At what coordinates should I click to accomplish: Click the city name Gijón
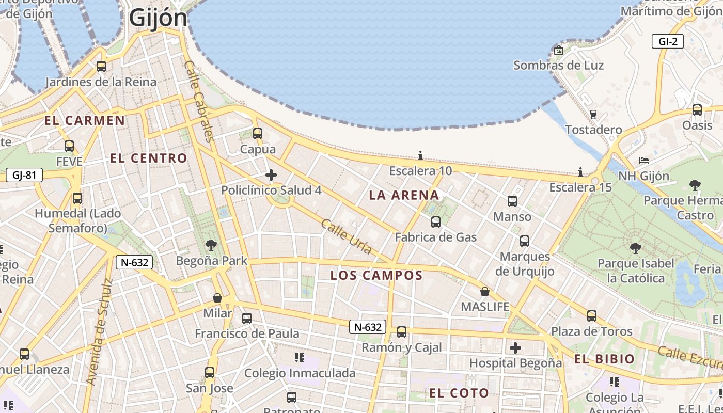point(158,18)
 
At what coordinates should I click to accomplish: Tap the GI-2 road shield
point(667,42)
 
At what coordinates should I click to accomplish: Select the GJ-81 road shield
point(24,175)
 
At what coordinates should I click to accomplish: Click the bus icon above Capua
point(258,134)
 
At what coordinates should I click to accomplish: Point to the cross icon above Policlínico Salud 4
point(271,176)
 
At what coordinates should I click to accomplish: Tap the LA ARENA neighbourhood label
point(404,195)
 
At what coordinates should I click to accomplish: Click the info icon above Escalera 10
point(420,155)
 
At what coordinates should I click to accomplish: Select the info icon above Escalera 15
point(580,172)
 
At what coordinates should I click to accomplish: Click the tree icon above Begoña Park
point(211,245)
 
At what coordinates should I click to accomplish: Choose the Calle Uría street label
point(346,236)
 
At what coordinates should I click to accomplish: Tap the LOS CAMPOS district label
point(376,275)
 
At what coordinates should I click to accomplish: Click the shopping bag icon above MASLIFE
point(484,292)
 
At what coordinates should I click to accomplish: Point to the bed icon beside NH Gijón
point(643,161)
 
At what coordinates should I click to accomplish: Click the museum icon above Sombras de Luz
point(558,50)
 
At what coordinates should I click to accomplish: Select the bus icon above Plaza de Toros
point(592,315)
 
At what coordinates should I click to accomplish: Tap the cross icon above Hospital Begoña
point(515,348)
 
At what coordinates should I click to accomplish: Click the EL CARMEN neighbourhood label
point(85,121)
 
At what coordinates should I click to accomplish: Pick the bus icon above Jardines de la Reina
point(101,67)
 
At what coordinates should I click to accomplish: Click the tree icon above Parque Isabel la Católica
point(635,248)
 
